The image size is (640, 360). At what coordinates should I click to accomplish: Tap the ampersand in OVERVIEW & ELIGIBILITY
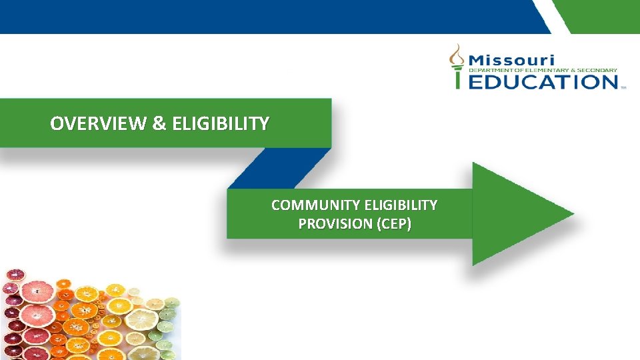[159, 124]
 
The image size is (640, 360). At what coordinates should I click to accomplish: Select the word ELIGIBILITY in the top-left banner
[221, 124]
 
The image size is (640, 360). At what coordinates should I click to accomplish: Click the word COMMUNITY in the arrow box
[316, 205]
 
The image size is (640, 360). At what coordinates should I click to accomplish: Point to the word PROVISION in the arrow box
[335, 224]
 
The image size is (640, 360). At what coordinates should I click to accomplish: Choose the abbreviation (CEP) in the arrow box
[394, 224]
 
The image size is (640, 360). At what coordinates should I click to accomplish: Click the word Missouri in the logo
[511, 59]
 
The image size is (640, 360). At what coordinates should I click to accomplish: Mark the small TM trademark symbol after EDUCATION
[623, 87]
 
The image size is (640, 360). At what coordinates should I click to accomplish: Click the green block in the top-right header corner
[600, 15]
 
